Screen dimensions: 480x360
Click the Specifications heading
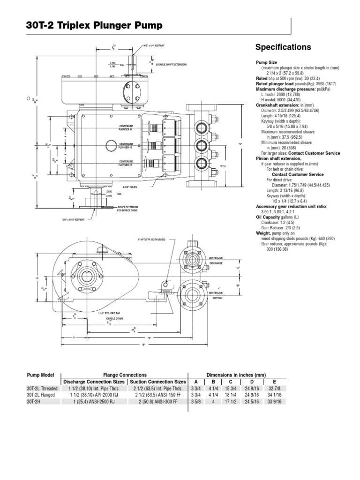click(283, 47)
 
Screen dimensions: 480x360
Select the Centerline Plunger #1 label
click(127, 128)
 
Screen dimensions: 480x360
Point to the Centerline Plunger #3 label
click(127, 163)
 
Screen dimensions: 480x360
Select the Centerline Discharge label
click(216, 260)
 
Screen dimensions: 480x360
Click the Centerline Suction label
click(215, 295)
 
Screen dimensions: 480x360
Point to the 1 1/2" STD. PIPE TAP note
click(110, 313)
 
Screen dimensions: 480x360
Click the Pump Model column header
click(40, 375)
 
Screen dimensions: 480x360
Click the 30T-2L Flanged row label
click(40, 395)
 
